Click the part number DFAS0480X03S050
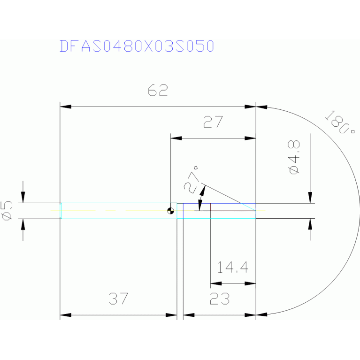pos(137,46)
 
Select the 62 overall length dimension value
pos(158,91)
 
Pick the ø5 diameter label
pos(8,210)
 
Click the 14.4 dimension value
pos(232,268)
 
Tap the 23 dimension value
pos(219,299)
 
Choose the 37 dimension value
pos(118,299)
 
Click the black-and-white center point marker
pos(171,211)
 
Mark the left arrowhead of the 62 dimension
pos(66,107)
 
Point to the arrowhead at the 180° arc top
pos(261,107)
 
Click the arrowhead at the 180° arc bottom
pos(261,314)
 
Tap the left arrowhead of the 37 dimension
pos(66,314)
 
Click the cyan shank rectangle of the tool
pos(117,211)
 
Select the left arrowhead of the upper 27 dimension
pos(176,138)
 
